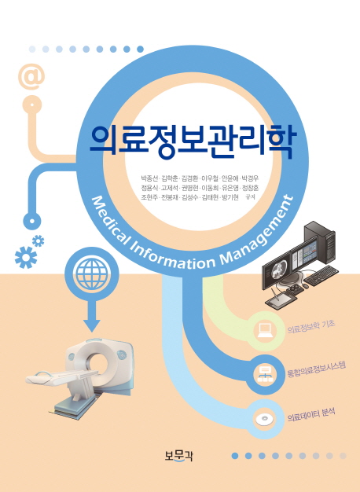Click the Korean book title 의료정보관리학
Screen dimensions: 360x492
(x=193, y=142)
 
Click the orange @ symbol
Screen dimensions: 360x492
(x=31, y=77)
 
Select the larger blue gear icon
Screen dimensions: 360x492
(x=26, y=257)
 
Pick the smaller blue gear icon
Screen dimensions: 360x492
(x=39, y=241)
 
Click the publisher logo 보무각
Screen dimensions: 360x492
(x=178, y=455)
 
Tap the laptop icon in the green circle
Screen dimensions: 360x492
(x=265, y=330)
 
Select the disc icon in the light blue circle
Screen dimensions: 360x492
(x=264, y=419)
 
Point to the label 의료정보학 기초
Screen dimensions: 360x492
(x=311, y=327)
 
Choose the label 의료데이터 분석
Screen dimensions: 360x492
(x=311, y=415)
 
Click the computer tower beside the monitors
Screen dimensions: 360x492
(x=321, y=240)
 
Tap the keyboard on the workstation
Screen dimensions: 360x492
(x=321, y=275)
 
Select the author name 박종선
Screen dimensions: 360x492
(x=149, y=179)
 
